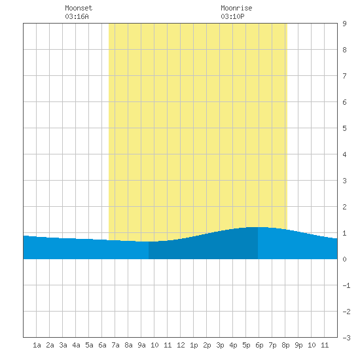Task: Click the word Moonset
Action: [79, 8]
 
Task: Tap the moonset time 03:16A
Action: [77, 16]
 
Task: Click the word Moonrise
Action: [236, 8]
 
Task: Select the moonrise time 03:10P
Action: [232, 16]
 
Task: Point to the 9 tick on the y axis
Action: [344, 24]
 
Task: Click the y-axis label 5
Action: [344, 128]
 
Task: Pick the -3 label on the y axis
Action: [346, 338]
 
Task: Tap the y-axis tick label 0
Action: [344, 259]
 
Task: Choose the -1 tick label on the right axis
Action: [346, 285]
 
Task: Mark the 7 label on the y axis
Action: [344, 76]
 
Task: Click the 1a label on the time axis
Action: [37, 345]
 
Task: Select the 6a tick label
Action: [102, 345]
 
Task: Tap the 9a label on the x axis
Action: [141, 345]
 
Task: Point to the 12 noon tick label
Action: [181, 345]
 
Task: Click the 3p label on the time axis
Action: [220, 345]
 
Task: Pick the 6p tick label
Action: [259, 345]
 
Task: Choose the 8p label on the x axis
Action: [285, 345]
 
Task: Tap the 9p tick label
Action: [298, 345]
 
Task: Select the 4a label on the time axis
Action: [76, 345]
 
